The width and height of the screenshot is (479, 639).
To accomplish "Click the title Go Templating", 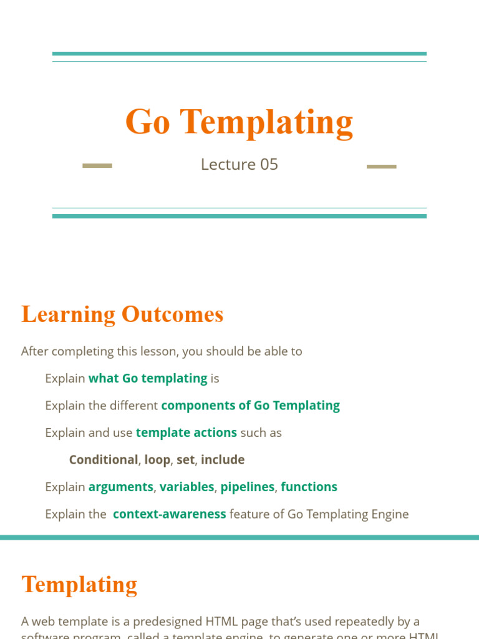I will [x=239, y=122].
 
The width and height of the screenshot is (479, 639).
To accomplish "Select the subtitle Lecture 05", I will [x=239, y=164].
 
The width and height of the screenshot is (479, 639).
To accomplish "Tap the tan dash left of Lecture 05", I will [x=97, y=166].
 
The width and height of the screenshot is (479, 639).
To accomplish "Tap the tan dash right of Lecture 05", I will [x=381, y=167].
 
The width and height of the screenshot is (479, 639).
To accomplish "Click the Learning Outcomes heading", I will [x=122, y=314].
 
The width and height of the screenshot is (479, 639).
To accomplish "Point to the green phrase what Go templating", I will [x=148, y=378].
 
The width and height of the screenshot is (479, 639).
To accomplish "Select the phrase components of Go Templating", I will [x=250, y=406].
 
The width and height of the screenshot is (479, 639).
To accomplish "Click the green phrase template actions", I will [x=186, y=432].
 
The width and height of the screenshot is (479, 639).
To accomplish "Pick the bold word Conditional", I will [x=103, y=460].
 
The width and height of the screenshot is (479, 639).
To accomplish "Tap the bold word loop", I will [x=157, y=460].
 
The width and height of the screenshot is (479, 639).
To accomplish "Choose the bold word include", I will [x=223, y=460].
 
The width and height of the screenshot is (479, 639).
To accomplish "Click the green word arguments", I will [x=120, y=487].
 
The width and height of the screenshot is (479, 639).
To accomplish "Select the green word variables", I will [x=187, y=487].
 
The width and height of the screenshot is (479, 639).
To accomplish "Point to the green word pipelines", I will [x=247, y=487].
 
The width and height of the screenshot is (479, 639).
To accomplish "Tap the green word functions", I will [x=309, y=487].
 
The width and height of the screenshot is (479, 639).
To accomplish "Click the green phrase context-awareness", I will [x=169, y=514].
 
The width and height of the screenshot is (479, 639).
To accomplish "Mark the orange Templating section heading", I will [x=79, y=585].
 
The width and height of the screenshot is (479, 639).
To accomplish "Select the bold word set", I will [x=186, y=460].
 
